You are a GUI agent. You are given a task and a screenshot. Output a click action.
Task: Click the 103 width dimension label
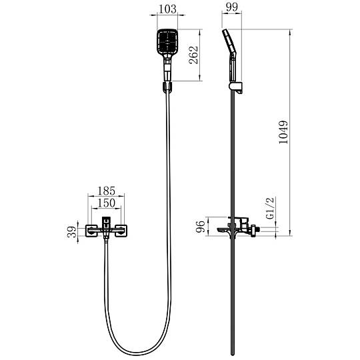167,9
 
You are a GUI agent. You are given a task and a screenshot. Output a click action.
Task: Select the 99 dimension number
231,7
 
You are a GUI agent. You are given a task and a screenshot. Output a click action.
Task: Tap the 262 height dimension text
193,55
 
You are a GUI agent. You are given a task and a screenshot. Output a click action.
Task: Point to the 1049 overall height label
283,132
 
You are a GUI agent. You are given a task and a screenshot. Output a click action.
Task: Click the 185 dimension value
106,191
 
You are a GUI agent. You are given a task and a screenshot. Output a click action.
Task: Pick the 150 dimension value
106,203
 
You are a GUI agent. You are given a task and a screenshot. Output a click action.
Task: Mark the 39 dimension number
71,232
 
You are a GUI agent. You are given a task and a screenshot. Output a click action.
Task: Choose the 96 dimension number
201,227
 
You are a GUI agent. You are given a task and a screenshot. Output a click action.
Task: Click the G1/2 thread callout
270,208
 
